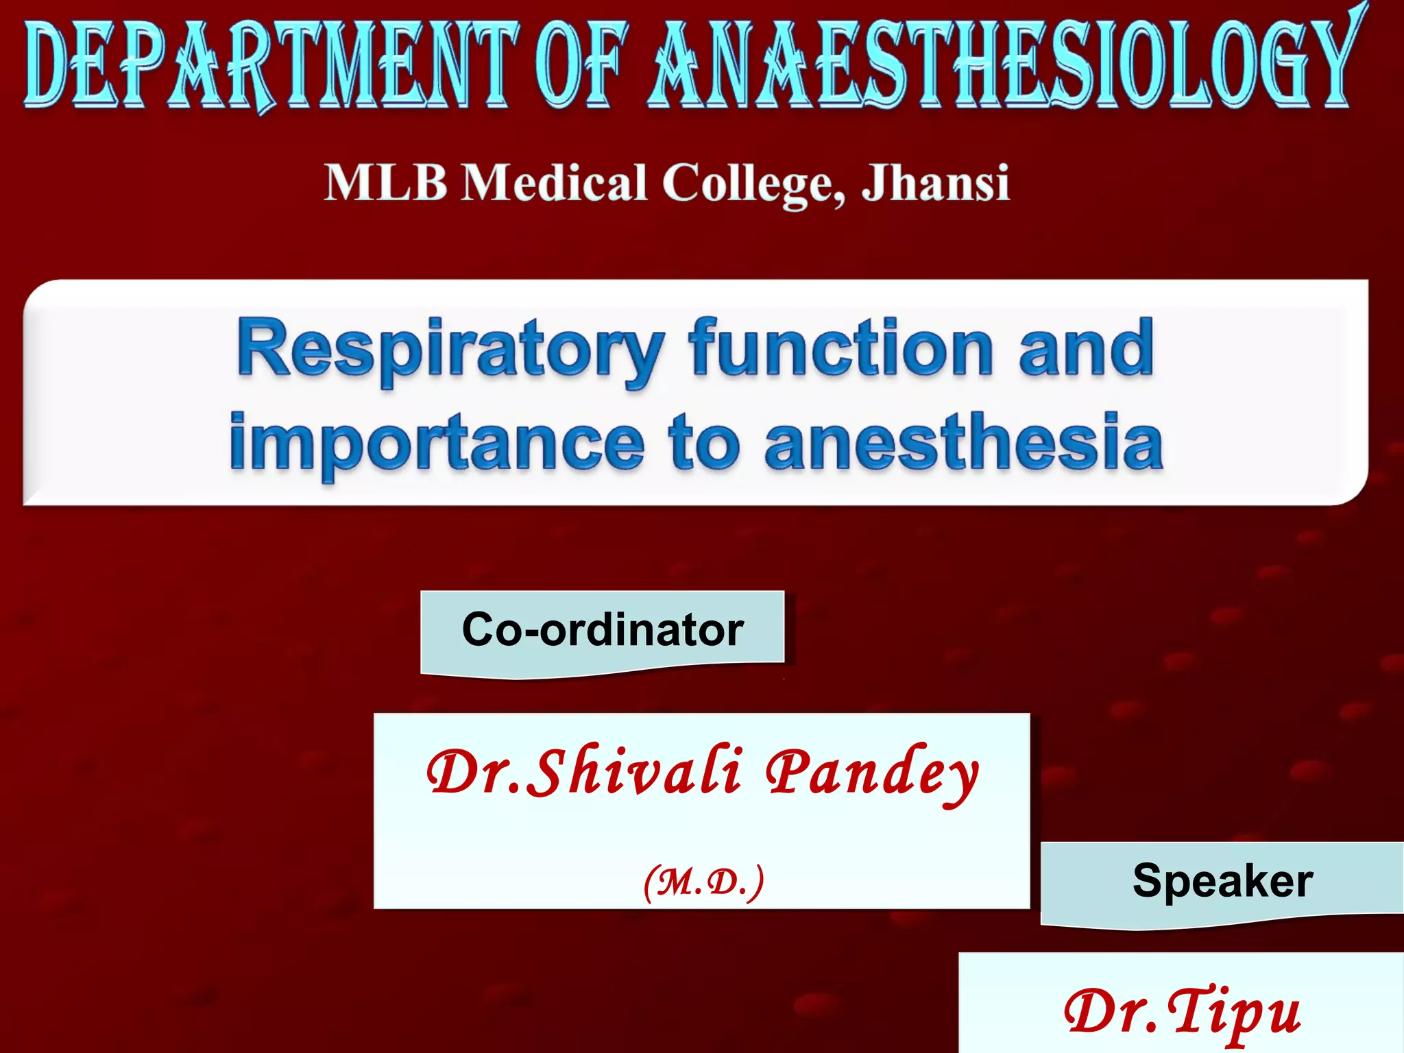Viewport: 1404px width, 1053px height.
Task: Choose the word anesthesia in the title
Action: (x=964, y=442)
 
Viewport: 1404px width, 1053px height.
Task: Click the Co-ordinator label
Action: (x=603, y=629)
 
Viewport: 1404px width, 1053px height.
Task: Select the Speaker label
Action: (x=1222, y=880)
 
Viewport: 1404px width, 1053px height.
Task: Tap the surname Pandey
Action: (x=872, y=773)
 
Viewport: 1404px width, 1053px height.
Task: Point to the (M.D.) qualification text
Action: (x=703, y=882)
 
